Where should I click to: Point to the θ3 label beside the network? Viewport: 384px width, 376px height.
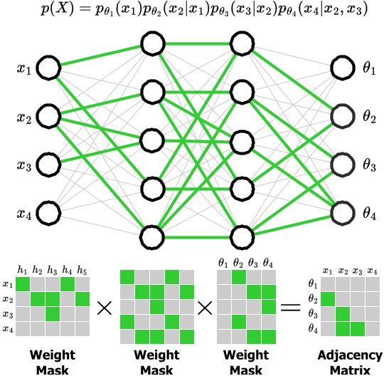coord(369,164)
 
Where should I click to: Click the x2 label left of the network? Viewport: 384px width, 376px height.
coord(24,118)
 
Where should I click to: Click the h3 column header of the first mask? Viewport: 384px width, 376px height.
coord(52,271)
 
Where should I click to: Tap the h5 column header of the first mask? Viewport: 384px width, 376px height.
coord(82,271)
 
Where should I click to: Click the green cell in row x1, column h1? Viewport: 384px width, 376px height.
coord(23,284)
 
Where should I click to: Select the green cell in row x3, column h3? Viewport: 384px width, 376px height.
coord(53,314)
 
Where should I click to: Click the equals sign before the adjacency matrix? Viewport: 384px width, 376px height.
coord(290,308)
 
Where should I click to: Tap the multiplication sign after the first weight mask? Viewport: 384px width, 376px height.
coord(105,308)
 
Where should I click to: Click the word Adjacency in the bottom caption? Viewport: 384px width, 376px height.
coord(350,355)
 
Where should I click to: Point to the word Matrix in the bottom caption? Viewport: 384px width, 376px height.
coord(350,370)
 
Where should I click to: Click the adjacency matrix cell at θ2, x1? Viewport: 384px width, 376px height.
coord(328,299)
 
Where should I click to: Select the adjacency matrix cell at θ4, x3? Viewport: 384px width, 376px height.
coord(358,329)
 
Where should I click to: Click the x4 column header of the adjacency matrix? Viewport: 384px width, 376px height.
coord(372,271)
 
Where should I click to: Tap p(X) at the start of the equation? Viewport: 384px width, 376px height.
coord(57,10)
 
